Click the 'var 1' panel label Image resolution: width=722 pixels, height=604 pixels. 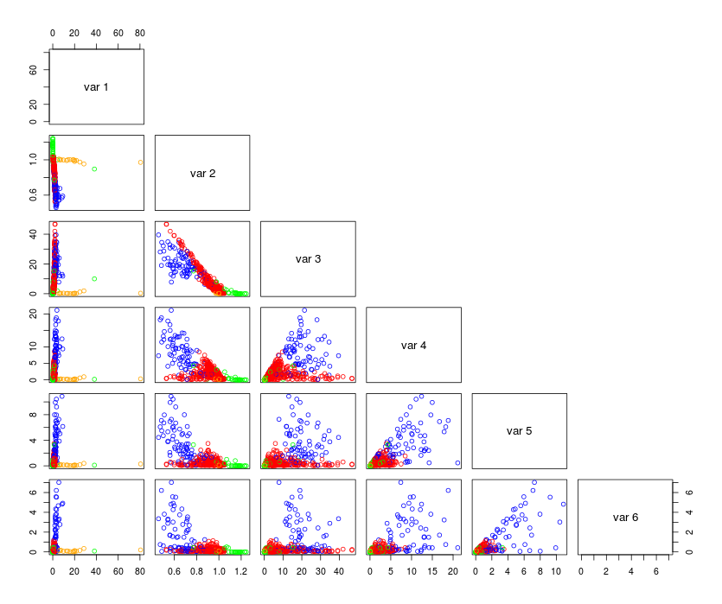96,86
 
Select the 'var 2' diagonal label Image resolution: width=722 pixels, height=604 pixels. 202,173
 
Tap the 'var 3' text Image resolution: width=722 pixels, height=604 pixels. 308,258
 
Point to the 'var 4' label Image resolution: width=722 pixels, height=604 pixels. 413,345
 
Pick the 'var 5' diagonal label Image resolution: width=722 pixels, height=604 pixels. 519,430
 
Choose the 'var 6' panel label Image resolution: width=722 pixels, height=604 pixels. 625,517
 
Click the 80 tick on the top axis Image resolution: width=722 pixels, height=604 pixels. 140,33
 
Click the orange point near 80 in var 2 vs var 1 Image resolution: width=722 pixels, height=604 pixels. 140,162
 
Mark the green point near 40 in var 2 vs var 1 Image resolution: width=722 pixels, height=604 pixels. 94,169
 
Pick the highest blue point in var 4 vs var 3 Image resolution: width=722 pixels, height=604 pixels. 304,310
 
